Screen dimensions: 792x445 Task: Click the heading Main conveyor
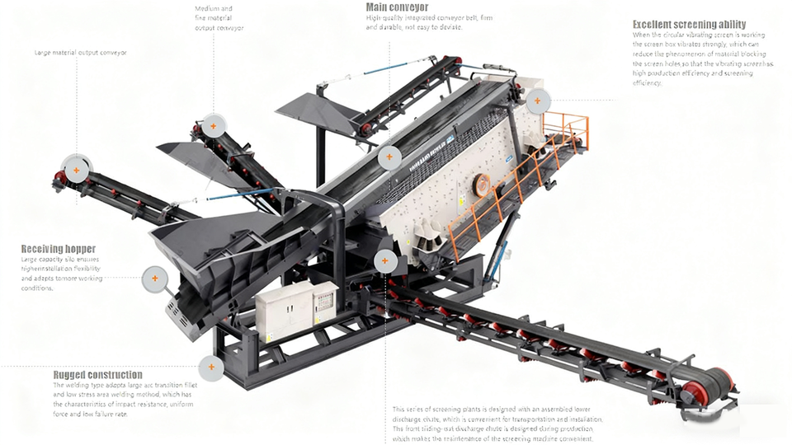point(397,7)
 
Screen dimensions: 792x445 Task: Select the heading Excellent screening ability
point(689,25)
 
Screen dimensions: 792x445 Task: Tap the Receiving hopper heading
point(58,249)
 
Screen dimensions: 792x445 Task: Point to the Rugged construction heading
point(97,375)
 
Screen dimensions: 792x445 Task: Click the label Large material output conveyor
point(81,53)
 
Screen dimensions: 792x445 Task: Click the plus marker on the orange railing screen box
point(537,101)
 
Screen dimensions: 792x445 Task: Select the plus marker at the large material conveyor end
point(76,171)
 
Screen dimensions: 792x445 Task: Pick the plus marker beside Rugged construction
point(211,368)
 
